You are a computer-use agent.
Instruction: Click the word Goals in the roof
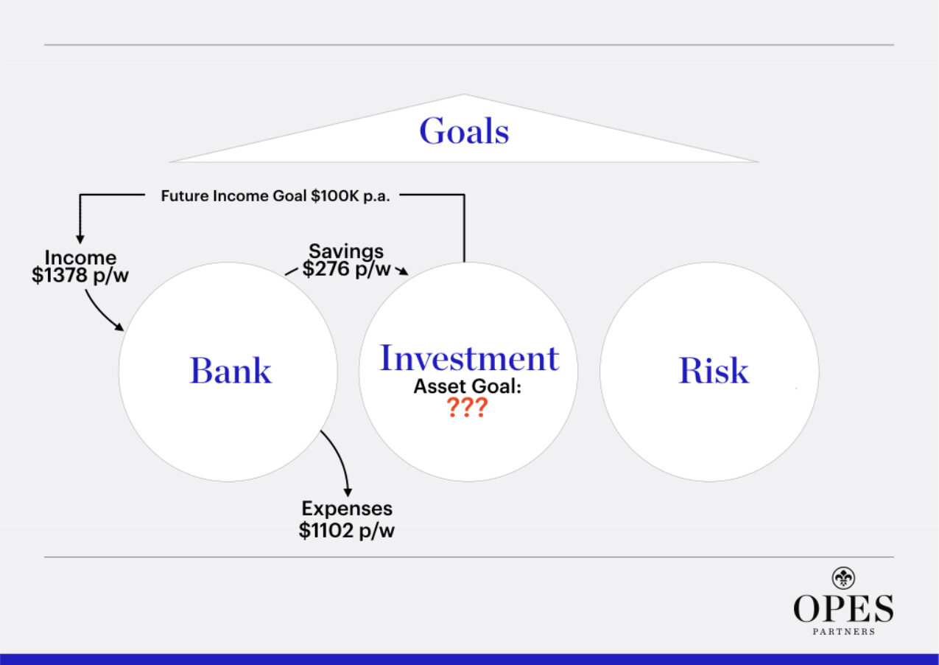[x=464, y=132]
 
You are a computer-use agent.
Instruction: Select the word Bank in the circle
[x=231, y=370]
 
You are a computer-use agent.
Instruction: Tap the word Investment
[x=469, y=358]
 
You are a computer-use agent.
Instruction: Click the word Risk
[x=713, y=370]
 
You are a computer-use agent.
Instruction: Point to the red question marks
[x=467, y=408]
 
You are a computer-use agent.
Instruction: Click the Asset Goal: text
[x=467, y=386]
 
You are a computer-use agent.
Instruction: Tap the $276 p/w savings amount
[x=346, y=269]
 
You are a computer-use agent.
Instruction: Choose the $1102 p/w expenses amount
[x=347, y=530]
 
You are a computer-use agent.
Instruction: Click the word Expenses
[x=347, y=509]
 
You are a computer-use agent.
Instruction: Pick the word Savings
[x=346, y=251]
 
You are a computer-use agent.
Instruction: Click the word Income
[x=80, y=258]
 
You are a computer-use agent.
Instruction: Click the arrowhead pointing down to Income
[x=80, y=238]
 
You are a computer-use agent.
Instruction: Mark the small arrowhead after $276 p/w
[x=402, y=272]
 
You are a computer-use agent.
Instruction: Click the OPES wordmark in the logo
[x=843, y=609]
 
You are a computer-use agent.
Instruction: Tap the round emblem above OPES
[x=843, y=577]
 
